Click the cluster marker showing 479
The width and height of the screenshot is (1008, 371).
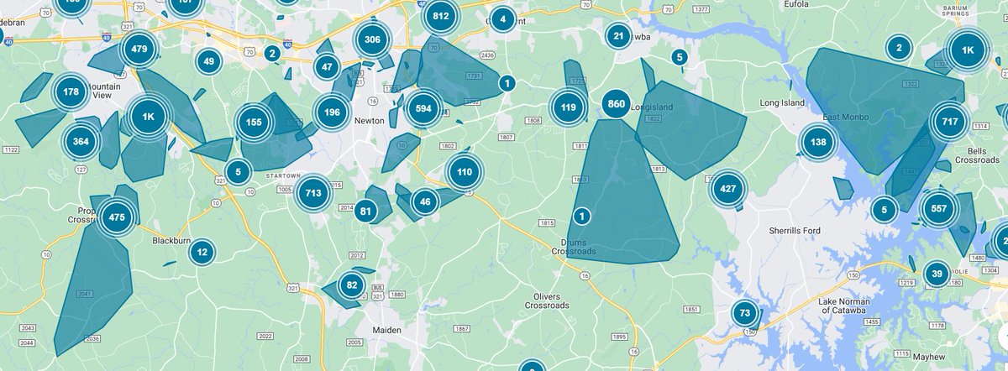tap(139, 50)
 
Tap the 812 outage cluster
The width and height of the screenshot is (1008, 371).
tap(441, 16)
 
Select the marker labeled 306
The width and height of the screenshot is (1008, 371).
tap(372, 39)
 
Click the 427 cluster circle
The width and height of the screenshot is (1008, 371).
tap(727, 189)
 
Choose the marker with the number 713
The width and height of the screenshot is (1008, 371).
tap(313, 193)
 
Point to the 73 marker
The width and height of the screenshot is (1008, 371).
tap(744, 314)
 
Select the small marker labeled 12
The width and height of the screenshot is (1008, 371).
tap(202, 252)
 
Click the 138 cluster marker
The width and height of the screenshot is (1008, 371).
tap(817, 142)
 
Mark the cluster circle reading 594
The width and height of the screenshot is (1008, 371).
tap(423, 109)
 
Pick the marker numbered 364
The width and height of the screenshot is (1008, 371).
tap(81, 141)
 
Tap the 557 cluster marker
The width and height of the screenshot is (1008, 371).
tap(939, 210)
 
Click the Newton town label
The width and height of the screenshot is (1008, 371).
tap(370, 121)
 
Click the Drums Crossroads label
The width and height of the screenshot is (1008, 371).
tap(574, 247)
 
